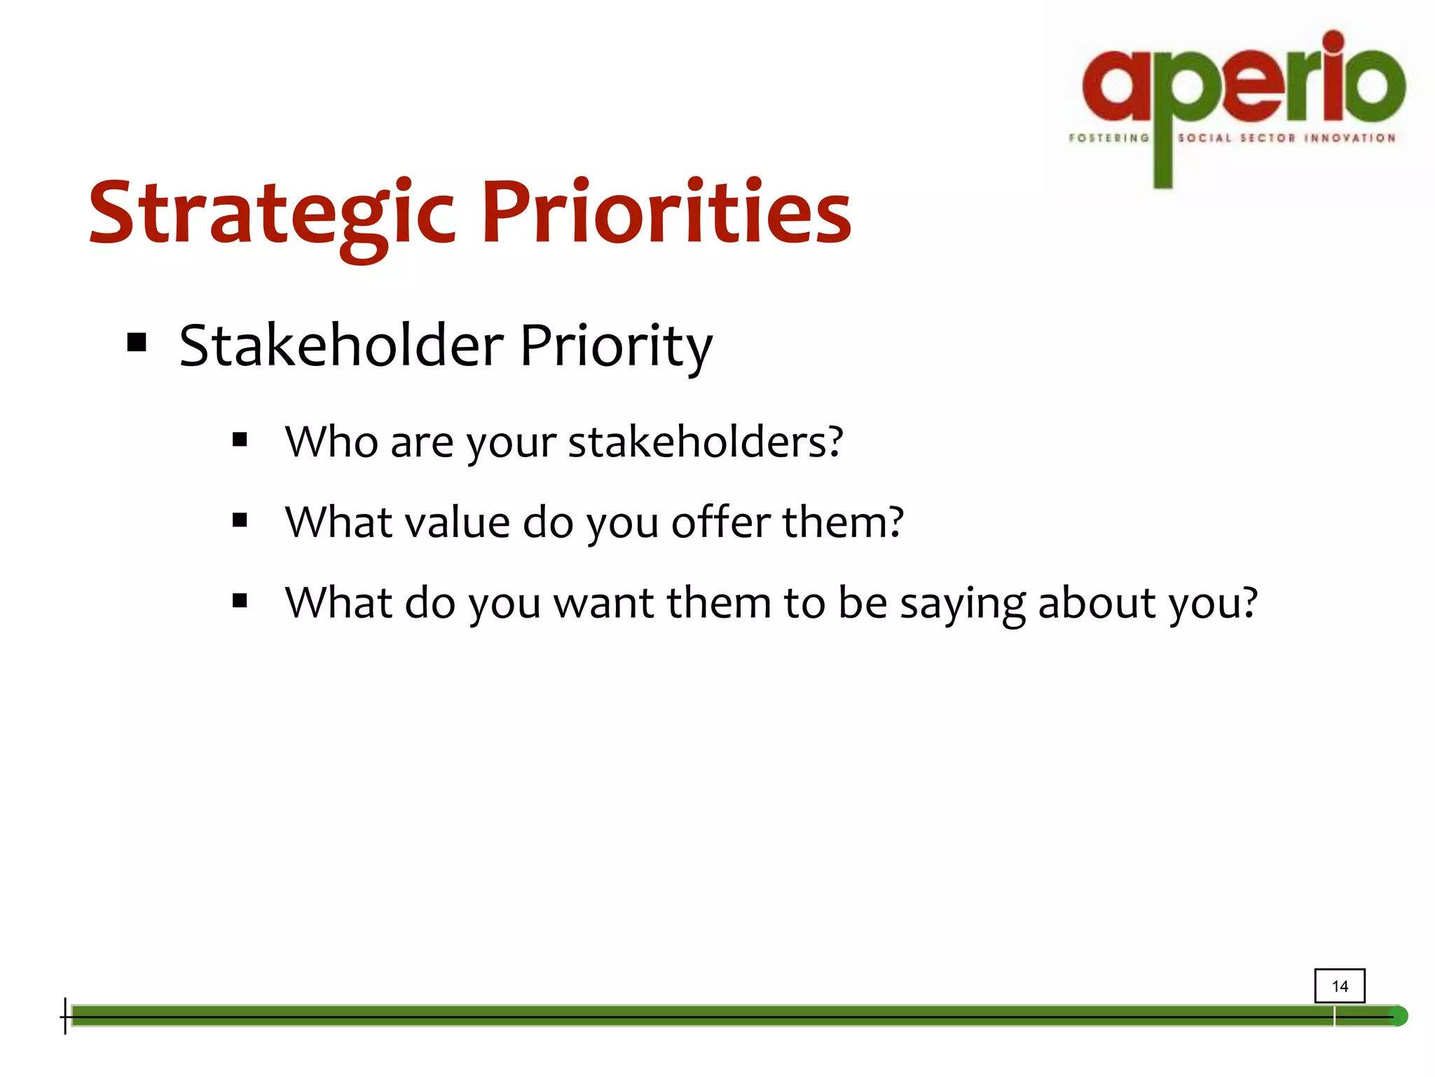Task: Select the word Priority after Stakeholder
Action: [615, 347]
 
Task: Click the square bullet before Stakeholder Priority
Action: [137, 343]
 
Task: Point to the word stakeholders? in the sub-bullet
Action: [705, 442]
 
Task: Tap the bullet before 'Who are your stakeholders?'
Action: [240, 440]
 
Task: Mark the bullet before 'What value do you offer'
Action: [240, 520]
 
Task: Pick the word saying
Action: [962, 604]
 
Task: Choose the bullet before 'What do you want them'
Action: [240, 601]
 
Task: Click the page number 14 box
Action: [1339, 986]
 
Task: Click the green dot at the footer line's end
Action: [1398, 1016]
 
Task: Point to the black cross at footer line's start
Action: [65, 1016]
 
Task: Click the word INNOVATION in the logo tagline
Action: [1350, 138]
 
